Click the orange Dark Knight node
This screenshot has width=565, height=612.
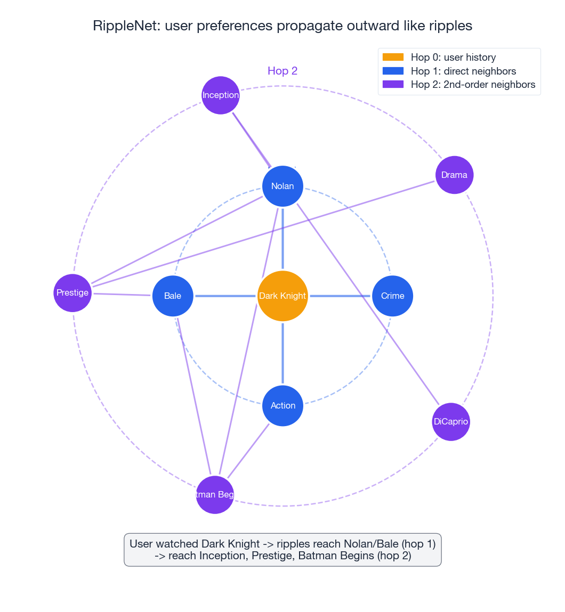(282, 296)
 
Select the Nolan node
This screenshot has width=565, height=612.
(282, 186)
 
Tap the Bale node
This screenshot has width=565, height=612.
(173, 296)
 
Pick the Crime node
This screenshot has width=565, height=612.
(392, 296)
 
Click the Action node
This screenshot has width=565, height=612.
(282, 405)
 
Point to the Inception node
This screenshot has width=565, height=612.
(221, 95)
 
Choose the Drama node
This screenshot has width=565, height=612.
(454, 175)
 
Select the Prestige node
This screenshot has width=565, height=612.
(72, 292)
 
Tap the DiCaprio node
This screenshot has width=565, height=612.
(451, 422)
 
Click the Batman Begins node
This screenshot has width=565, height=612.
(215, 494)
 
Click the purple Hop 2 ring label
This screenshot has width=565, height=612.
(282, 71)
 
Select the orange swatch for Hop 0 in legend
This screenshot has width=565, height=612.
(393, 57)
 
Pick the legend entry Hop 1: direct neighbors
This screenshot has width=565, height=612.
(463, 71)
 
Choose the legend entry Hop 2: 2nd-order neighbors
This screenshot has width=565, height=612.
(473, 84)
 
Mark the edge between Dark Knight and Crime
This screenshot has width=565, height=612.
(340, 296)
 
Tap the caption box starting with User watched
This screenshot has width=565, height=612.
(282, 550)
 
